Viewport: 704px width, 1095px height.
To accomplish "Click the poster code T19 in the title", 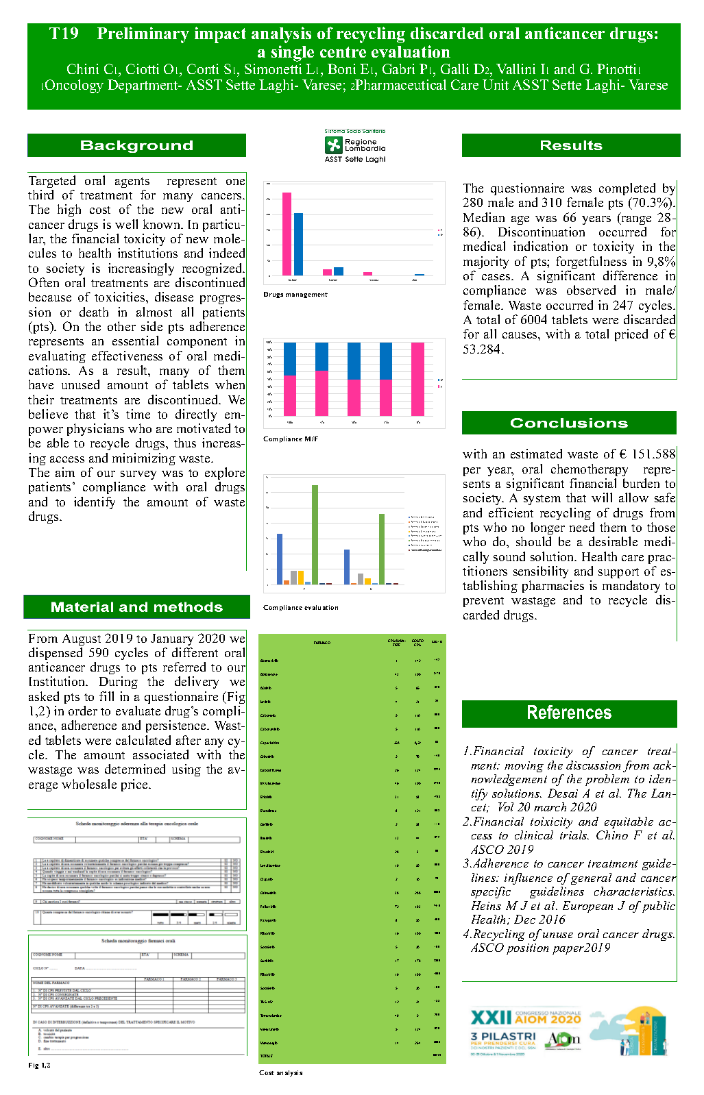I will [64, 34].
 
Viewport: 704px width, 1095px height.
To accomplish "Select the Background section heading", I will [136, 145].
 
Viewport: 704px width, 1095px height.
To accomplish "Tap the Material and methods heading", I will [136, 607].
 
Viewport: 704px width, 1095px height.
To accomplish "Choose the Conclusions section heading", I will [568, 423].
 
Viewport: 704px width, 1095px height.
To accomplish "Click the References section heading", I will [568, 713].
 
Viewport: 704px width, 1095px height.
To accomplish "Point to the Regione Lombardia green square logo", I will [333, 145].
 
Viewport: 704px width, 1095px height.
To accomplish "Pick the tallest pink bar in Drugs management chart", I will [287, 234].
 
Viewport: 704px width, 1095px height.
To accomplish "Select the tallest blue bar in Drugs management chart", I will [298, 244].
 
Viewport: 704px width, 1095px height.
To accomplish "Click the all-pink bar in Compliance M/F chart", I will [417, 379].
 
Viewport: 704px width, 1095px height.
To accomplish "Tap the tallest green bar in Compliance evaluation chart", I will [315, 534].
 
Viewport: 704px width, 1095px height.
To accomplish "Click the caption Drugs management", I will [295, 295].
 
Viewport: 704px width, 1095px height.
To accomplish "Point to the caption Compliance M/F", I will [291, 439].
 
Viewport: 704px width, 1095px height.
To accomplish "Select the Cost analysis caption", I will [280, 1073].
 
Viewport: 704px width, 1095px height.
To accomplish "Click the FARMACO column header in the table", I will [321, 643].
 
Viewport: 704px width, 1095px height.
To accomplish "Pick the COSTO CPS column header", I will [417, 643].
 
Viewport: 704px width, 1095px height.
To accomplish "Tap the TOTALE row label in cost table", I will [267, 1056].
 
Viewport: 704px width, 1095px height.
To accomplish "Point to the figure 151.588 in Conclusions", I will [648, 454].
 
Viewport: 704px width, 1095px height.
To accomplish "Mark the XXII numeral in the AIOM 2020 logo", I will [490, 1018].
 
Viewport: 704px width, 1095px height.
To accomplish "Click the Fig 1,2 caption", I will [39, 1066].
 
